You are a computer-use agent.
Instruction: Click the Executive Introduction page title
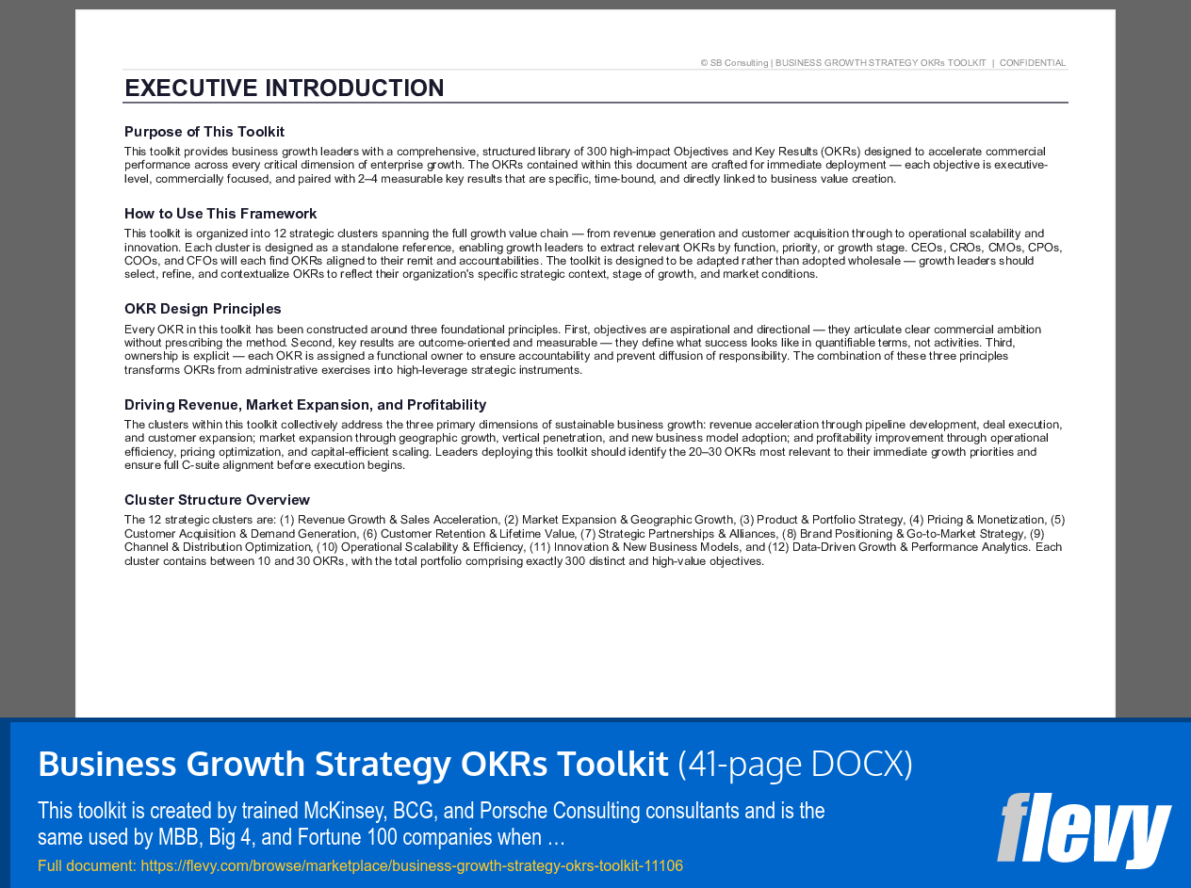click(284, 89)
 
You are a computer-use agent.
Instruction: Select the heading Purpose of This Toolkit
click(204, 132)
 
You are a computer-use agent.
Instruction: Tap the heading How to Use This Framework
click(220, 214)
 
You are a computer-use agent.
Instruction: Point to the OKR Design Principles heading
click(203, 309)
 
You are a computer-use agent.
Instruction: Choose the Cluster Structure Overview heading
click(217, 500)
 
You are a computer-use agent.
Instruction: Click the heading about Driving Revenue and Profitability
click(305, 405)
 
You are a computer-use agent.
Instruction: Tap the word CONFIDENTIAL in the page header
click(1033, 63)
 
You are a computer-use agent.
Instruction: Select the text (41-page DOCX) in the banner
click(795, 764)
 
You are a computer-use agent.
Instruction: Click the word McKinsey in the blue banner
click(341, 811)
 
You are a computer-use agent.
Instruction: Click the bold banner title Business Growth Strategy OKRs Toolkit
click(352, 764)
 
